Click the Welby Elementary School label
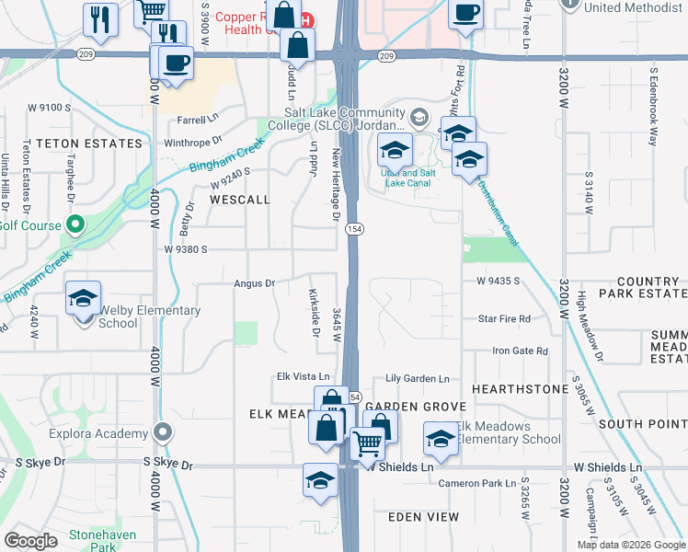(149, 316)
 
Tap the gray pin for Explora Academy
(163, 432)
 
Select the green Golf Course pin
(76, 224)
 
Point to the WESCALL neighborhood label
(240, 199)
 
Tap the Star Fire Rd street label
(504, 318)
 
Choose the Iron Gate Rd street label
(520, 351)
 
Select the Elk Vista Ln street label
(303, 377)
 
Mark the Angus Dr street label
(255, 283)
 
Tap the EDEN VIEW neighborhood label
(423, 517)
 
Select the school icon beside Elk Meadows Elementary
(441, 438)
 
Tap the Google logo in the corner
(31, 541)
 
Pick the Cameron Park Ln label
(477, 483)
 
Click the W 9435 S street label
(499, 281)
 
